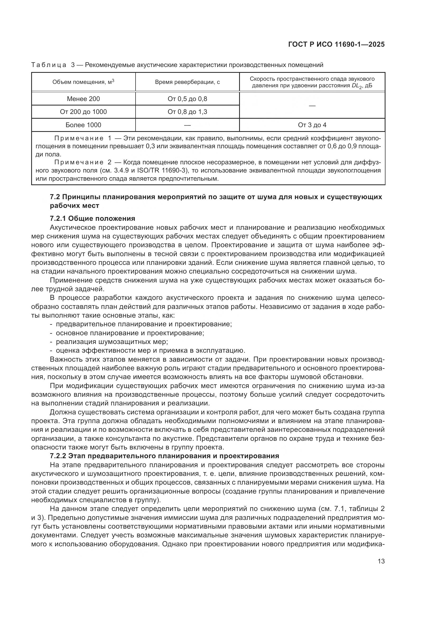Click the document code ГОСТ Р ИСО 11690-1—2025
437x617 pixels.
tap(336, 45)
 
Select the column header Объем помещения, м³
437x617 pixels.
tap(83, 82)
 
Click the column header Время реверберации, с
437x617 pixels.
tap(187, 82)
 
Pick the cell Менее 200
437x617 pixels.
tap(83, 99)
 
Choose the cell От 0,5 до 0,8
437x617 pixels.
tap(187, 99)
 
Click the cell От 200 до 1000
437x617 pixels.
tap(83, 112)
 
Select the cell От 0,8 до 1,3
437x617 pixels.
tap(187, 112)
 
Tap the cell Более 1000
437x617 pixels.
tap(83, 125)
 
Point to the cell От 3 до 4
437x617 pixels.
tap(312, 125)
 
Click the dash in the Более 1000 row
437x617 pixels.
tap(187, 125)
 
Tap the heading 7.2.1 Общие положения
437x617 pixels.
tap(92, 218)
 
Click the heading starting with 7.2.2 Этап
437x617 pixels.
tap(164, 456)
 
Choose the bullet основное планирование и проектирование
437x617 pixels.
tap(130, 333)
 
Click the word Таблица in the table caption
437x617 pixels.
tap(49, 65)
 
